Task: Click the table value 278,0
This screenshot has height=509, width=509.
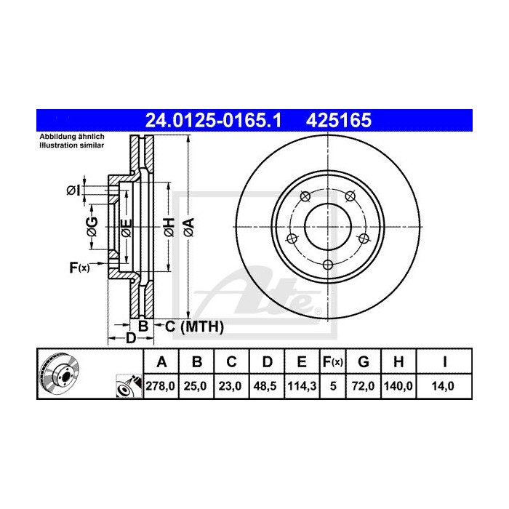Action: (x=162, y=388)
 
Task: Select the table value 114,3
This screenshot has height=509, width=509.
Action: (x=300, y=388)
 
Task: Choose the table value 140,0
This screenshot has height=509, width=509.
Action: (x=399, y=388)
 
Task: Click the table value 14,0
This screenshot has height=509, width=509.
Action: (x=441, y=388)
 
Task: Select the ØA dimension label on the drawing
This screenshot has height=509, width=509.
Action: (x=188, y=226)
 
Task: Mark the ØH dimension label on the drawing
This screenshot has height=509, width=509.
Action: (x=168, y=226)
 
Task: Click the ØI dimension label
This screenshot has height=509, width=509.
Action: (x=73, y=191)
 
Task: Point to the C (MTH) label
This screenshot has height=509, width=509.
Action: (x=189, y=327)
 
